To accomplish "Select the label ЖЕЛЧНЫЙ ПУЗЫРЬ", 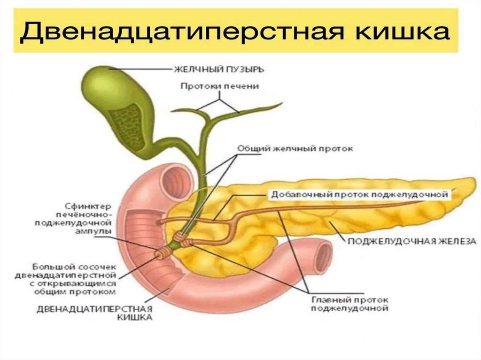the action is [x=219, y=69].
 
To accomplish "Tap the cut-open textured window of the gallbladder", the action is [x=126, y=119].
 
